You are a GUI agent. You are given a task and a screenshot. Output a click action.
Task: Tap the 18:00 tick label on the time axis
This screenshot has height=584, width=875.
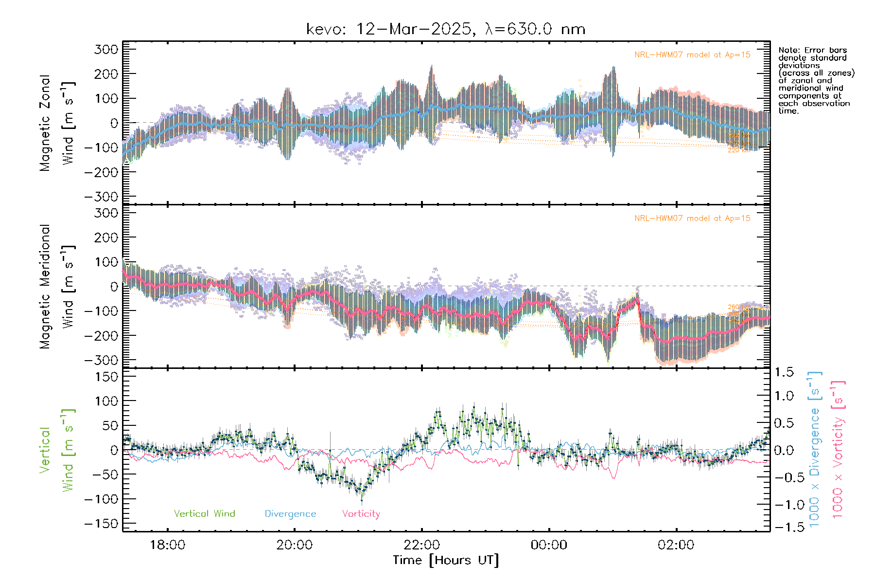coord(167,545)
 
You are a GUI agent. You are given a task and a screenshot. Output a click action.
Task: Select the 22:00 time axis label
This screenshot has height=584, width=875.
coord(421,545)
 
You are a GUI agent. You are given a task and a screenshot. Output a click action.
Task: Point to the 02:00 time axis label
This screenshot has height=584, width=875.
coord(676,545)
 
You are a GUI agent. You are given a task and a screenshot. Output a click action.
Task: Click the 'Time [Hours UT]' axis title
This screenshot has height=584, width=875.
coord(446,561)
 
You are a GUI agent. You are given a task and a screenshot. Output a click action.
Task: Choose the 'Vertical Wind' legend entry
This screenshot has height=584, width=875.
coord(204,514)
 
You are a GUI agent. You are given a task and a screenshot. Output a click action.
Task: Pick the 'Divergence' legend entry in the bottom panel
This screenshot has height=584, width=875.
coord(290,514)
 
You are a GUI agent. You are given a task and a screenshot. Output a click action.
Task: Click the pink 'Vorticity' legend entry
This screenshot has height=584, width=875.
coord(361,514)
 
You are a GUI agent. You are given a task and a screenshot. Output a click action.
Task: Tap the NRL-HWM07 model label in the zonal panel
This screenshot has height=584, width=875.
coord(692,55)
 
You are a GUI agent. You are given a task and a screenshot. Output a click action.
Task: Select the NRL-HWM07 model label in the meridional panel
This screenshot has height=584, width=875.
coord(692,219)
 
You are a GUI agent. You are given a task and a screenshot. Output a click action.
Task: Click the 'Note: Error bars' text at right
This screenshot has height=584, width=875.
coord(812,51)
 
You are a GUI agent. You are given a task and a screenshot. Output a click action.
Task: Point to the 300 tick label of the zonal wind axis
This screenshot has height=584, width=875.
coord(106,49)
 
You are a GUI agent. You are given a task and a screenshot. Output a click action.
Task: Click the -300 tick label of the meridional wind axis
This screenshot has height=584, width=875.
coord(101,360)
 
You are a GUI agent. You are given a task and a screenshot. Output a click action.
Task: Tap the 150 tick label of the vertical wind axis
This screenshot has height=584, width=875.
coord(106,377)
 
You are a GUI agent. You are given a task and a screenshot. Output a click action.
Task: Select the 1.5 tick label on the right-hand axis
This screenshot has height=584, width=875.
coord(784,372)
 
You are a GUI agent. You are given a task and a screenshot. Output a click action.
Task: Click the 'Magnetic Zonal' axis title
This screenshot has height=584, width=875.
coord(45,123)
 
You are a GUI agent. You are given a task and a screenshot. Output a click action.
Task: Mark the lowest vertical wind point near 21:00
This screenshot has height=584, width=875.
coord(361,497)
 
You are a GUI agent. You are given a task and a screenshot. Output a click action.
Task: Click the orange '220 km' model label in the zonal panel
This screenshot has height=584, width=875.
coord(738,150)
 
